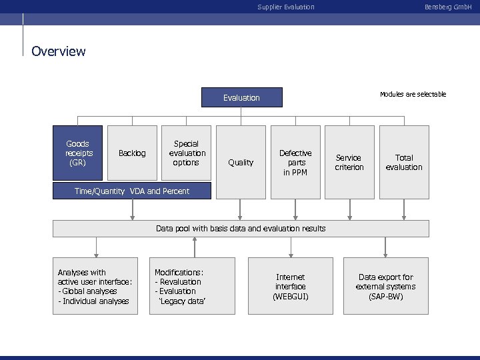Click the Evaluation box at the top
click(241, 98)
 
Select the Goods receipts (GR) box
click(78, 153)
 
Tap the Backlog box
click(132, 153)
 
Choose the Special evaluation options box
click(186, 153)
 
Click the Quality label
click(241, 162)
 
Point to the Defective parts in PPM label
click(295, 162)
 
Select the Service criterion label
click(349, 162)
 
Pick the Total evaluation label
click(404, 162)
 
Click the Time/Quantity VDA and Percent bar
click(132, 191)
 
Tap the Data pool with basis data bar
click(241, 229)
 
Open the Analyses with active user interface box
click(95, 286)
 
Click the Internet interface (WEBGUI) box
click(290, 286)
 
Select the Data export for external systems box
click(385, 286)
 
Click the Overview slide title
click(59, 51)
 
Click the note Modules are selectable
click(413, 95)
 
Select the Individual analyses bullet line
click(93, 301)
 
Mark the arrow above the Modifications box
click(195, 247)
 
